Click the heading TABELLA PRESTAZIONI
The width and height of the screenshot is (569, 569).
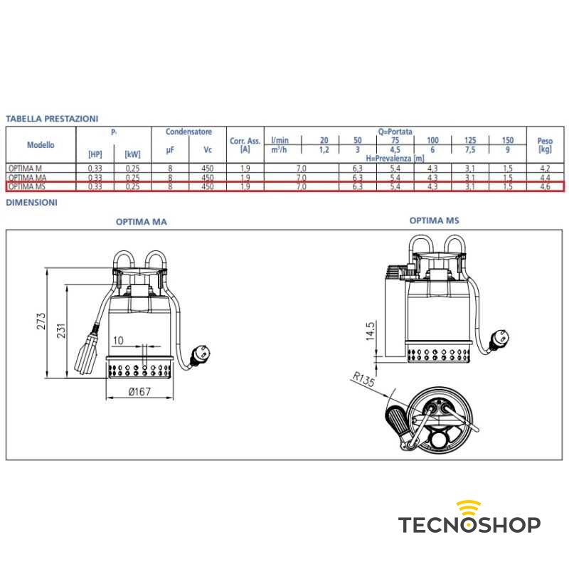pyautogui.click(x=52, y=118)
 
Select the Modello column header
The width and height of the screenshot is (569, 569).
pyautogui.click(x=41, y=144)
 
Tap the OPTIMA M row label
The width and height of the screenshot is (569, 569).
pyautogui.click(x=24, y=168)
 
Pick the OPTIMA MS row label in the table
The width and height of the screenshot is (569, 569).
pyautogui.click(x=26, y=186)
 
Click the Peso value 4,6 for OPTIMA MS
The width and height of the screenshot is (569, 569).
pyautogui.click(x=545, y=186)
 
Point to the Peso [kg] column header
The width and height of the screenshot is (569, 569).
pyautogui.click(x=545, y=145)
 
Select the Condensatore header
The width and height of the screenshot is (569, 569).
pyautogui.click(x=188, y=132)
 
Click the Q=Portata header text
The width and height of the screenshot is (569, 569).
pyautogui.click(x=395, y=132)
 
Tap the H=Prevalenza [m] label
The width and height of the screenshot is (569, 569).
pyautogui.click(x=395, y=158)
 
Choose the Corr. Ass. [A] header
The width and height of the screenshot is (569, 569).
pyautogui.click(x=245, y=145)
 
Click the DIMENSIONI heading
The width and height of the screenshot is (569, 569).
pyautogui.click(x=32, y=203)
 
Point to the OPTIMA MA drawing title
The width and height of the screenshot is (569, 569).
pyautogui.click(x=141, y=222)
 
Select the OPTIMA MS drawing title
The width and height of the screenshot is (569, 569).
pyautogui.click(x=434, y=220)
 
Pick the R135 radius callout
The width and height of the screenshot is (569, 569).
pyautogui.click(x=363, y=379)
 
